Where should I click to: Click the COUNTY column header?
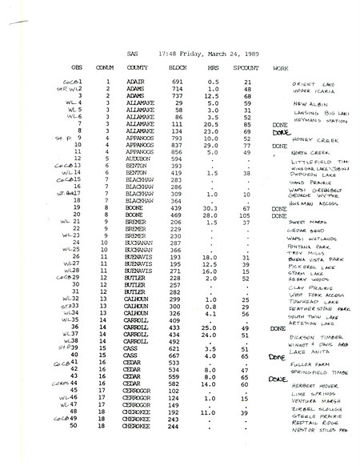click(x=134, y=67)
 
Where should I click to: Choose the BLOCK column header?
click(x=178, y=67)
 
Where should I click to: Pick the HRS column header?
click(x=214, y=67)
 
